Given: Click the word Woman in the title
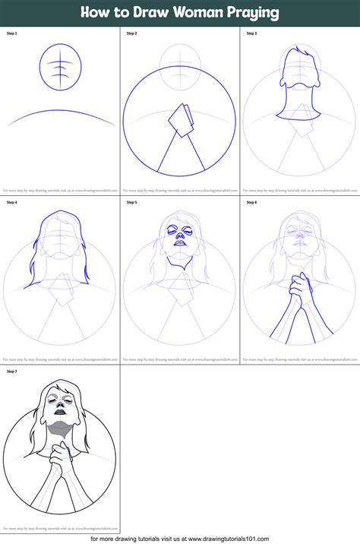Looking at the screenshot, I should point(190,13).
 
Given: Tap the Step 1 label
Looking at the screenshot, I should point(11,33).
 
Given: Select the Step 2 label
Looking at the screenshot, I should point(131,33).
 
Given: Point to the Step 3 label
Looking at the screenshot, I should point(251,33).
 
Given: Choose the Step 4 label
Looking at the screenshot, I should point(11,202).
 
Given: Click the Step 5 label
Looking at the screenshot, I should point(131,202).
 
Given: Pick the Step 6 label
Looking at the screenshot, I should point(251,202).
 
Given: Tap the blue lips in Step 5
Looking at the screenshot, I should point(180,254).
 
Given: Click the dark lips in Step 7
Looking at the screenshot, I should point(60,422).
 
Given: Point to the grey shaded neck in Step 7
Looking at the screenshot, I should point(60,436).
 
